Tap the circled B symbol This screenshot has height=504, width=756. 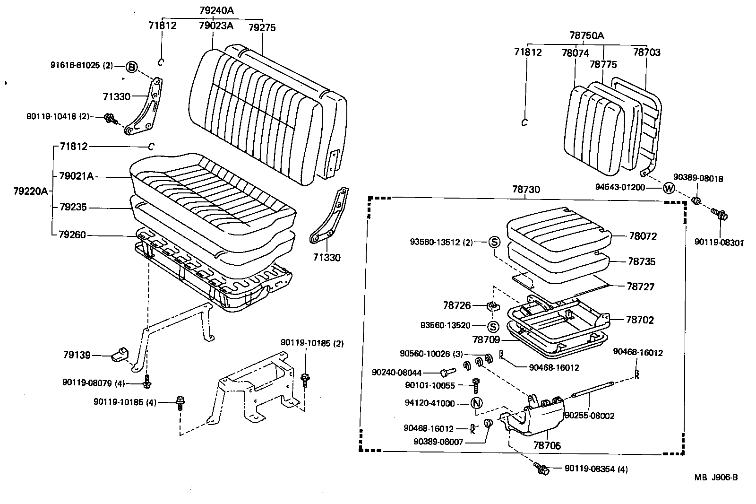132,67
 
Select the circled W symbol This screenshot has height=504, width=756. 669,188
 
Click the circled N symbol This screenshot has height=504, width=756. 476,403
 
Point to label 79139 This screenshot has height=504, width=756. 77,355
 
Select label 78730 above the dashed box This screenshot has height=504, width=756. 526,189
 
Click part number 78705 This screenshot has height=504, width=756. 547,445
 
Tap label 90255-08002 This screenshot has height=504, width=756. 589,416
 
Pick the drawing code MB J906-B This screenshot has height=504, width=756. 715,477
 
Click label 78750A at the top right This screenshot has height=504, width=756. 586,35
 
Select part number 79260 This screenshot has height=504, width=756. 73,234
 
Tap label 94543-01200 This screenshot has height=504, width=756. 619,187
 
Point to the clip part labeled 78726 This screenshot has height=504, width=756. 492,306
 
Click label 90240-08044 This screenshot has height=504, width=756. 396,373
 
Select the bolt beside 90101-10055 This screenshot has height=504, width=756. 476,385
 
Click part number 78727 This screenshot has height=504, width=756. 640,286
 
